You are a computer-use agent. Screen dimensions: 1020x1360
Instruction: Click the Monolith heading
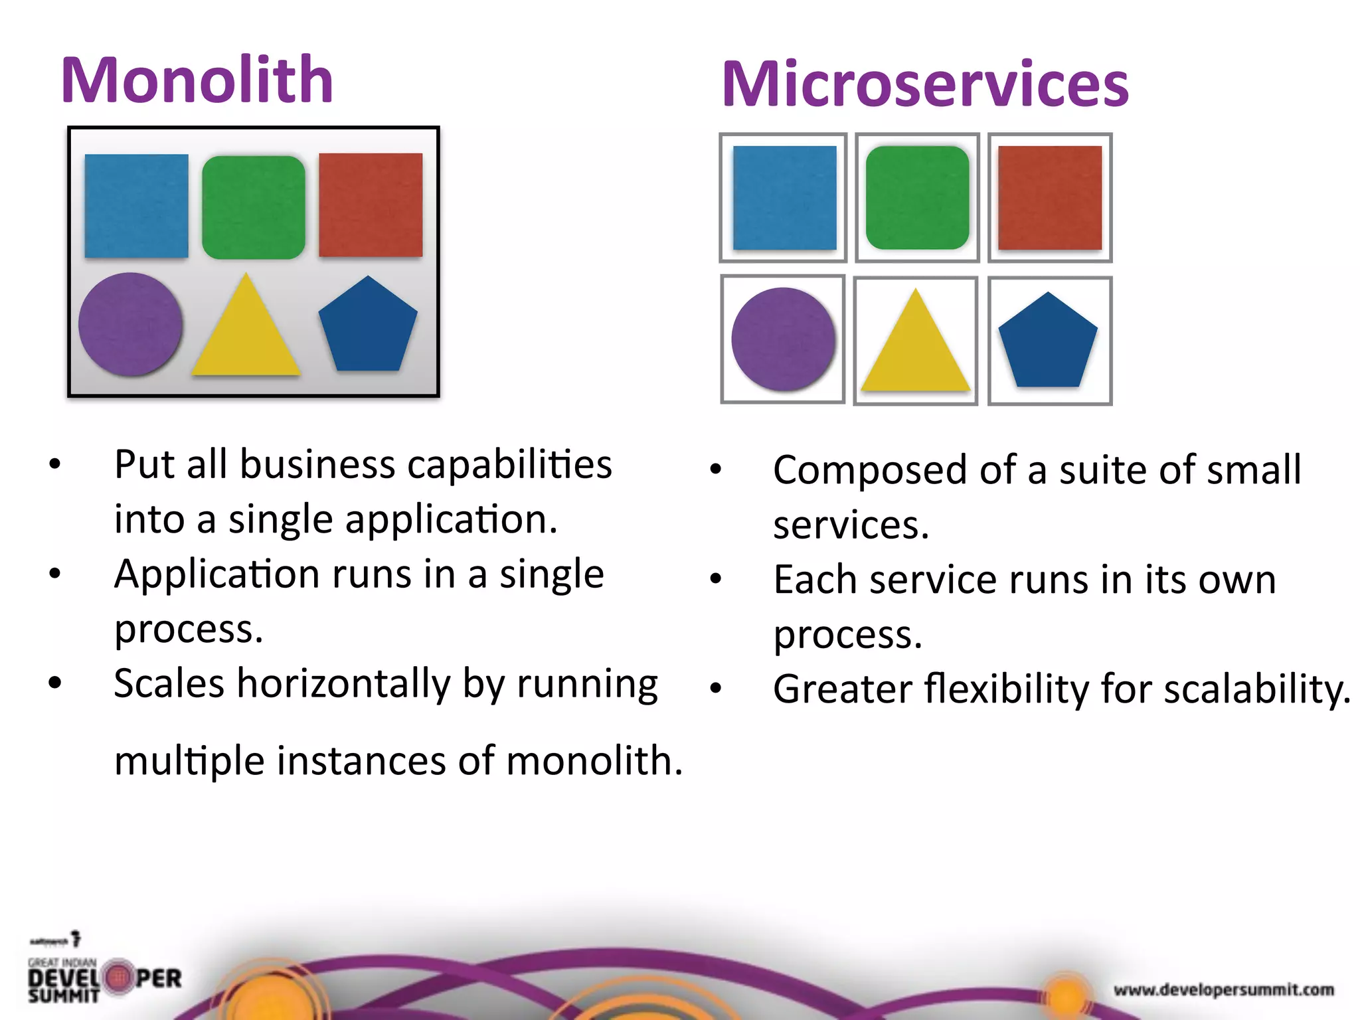coord(197,80)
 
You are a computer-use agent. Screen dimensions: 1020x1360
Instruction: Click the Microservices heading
coord(924,84)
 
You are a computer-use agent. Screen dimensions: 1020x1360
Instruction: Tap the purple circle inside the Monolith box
coord(130,324)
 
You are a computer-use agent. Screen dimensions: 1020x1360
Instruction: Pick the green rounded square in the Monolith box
coord(253,207)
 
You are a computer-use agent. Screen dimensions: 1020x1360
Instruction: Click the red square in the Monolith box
coord(371,205)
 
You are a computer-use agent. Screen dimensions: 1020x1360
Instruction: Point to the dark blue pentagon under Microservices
coord(1048,342)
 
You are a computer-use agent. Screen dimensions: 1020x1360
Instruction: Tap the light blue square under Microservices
coord(784,198)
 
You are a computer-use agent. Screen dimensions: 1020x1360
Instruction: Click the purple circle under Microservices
coord(783,339)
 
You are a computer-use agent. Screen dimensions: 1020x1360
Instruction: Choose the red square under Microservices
coord(1050,198)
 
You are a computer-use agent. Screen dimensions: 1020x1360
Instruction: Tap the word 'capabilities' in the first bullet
coord(509,464)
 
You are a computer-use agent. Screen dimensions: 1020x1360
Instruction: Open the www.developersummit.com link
coord(1223,990)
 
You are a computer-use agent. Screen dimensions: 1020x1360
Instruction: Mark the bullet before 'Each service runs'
coord(715,578)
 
